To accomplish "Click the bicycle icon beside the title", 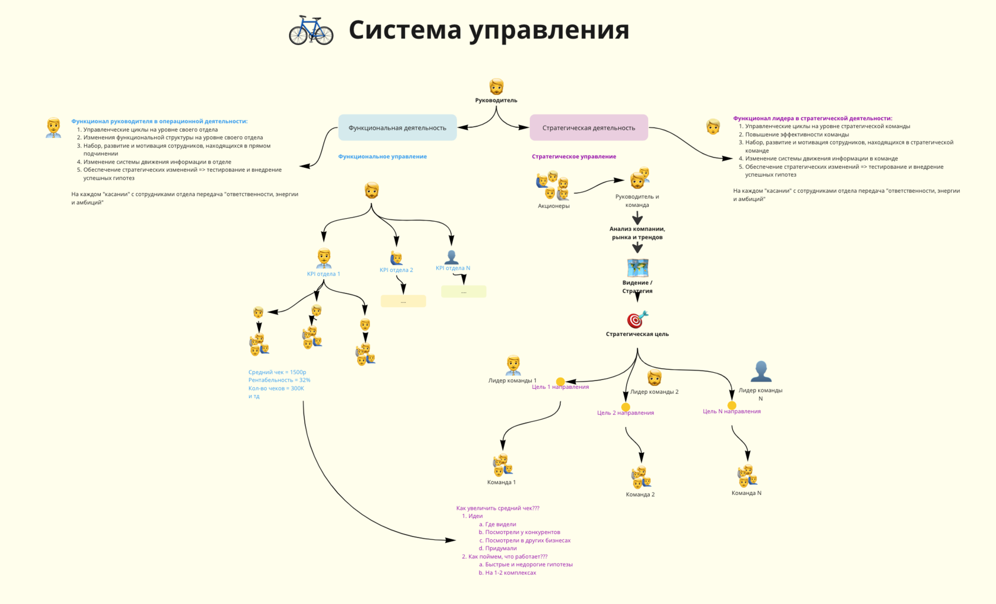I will (311, 30).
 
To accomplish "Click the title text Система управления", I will (489, 30).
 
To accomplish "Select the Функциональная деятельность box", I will (397, 127).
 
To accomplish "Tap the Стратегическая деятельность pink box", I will (588, 127).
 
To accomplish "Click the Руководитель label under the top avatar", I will (496, 100).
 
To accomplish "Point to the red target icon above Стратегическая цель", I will (637, 319).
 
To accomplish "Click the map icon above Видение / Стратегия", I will (637, 267).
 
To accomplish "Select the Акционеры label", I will (554, 206).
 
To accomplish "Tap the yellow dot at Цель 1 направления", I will (560, 382).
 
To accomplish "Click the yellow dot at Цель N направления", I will (732, 405).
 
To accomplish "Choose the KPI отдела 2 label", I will (396, 270).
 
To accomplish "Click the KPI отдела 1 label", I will (324, 274).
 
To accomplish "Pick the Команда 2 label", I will (640, 494).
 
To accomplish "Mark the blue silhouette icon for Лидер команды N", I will (761, 372).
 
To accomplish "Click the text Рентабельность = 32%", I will (279, 380).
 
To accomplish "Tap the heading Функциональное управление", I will (382, 156).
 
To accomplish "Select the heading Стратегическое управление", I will (574, 156).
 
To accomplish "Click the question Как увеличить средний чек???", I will (498, 508).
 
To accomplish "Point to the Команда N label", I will (746, 493).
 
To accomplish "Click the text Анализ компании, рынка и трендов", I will (637, 233).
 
